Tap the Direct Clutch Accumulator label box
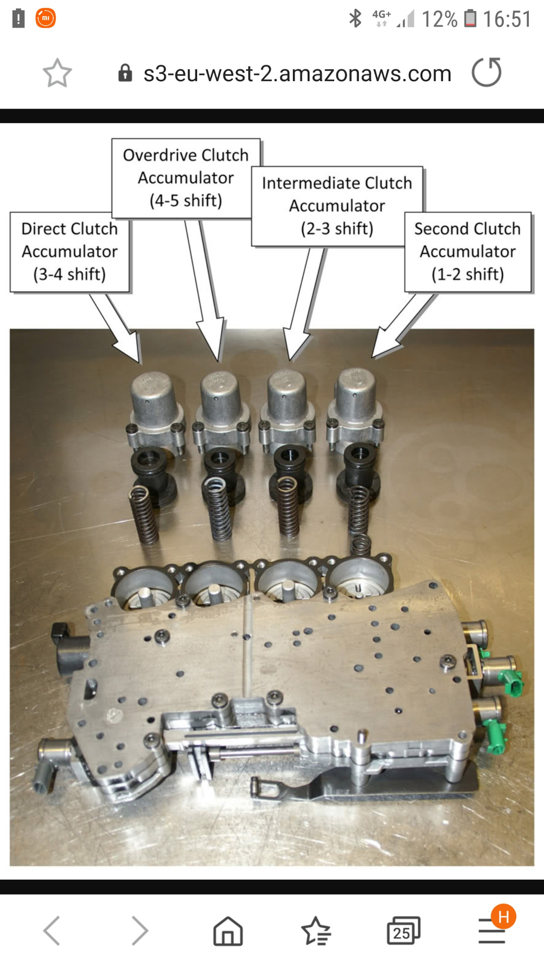coord(70,252)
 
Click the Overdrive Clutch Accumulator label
coord(186,178)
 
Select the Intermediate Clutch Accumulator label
coord(337,206)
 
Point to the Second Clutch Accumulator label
coord(467,252)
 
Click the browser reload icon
coord(487,73)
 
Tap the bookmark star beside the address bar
coord(57,74)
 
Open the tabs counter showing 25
coord(403,930)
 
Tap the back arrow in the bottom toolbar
coord(52,930)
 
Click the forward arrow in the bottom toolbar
coord(140,930)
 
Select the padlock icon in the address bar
coord(125,74)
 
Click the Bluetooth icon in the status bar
coord(355,19)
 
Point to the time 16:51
coord(507,19)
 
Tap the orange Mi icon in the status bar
coord(45,18)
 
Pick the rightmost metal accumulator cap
coord(357,398)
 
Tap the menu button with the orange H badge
coord(492,931)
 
